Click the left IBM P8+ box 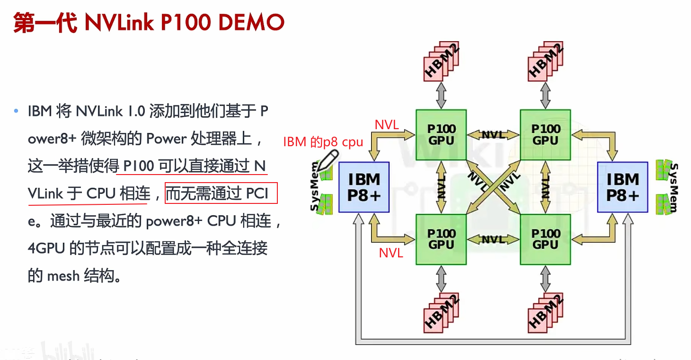(364, 187)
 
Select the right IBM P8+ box (622, 187)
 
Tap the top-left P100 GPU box (441, 135)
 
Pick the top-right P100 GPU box (545, 135)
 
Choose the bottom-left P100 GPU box (441, 239)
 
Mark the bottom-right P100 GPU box (545, 239)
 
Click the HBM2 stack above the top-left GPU (442, 61)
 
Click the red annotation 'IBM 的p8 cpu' (323, 142)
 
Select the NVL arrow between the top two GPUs (493, 135)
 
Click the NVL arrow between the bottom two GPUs (493, 239)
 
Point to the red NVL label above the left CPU (387, 125)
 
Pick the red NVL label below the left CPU (391, 253)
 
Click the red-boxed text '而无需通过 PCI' (221, 193)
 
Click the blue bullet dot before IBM (16, 112)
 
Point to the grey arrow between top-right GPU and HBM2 (546, 96)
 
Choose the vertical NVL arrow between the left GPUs (441, 187)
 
